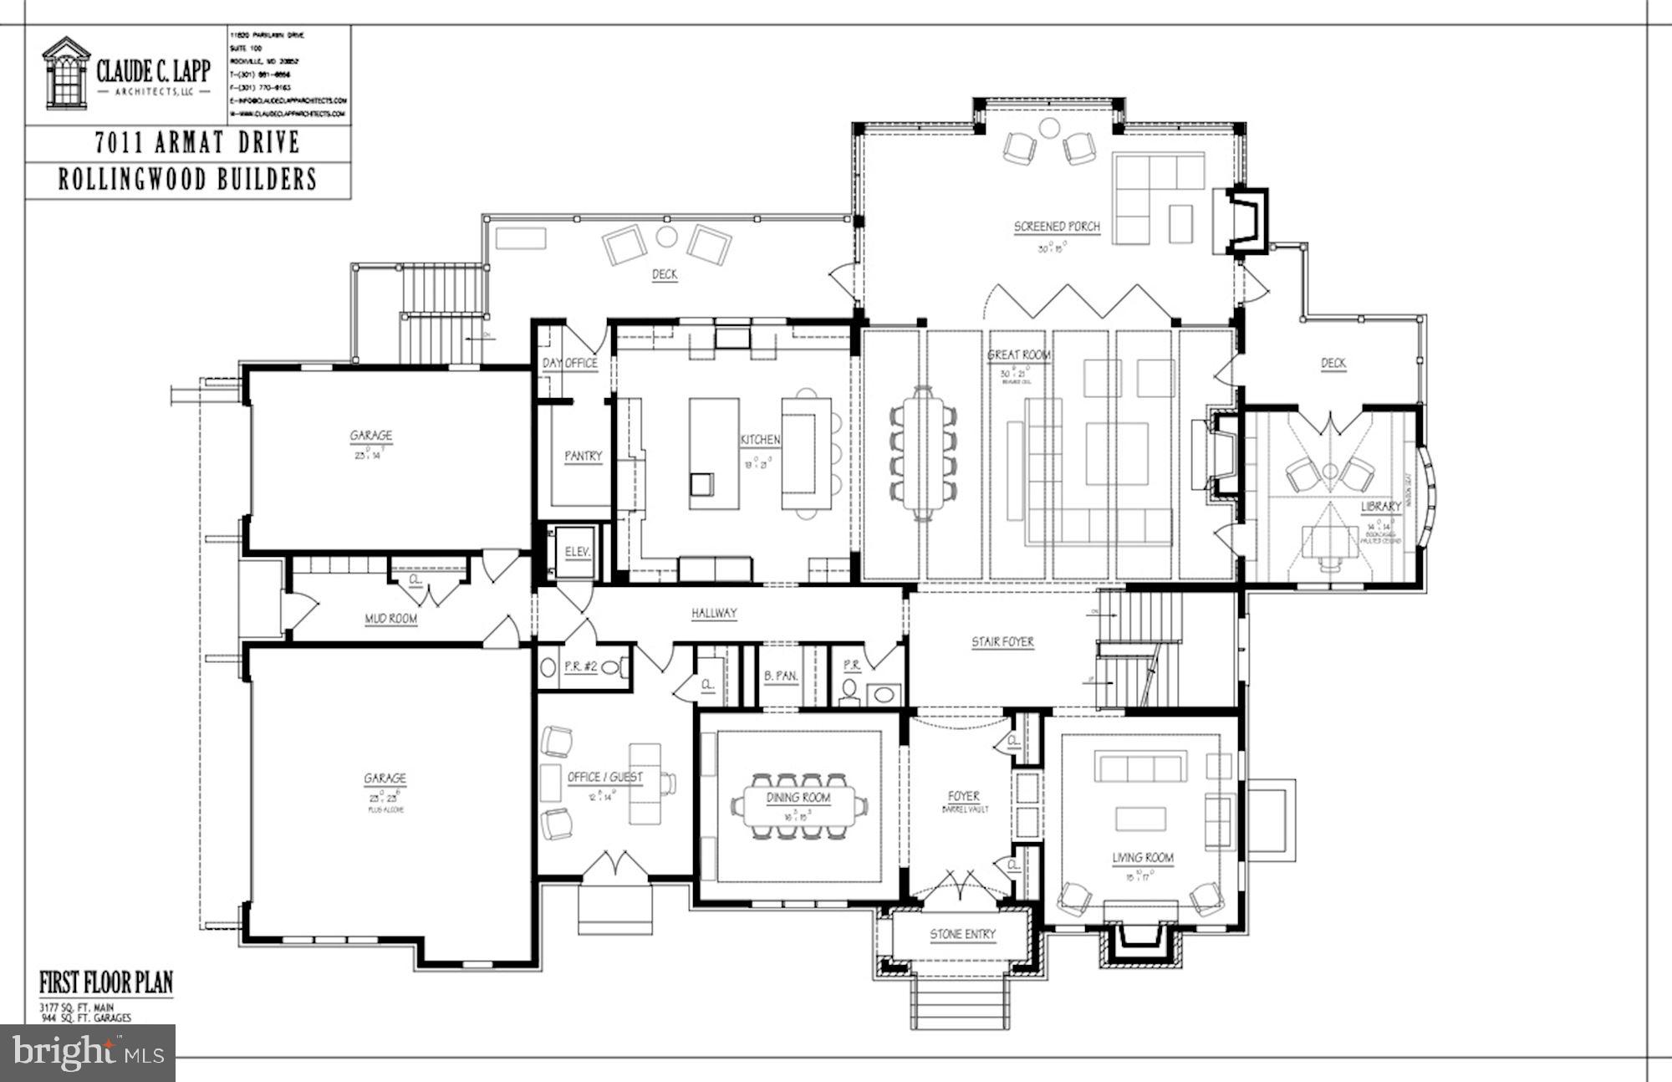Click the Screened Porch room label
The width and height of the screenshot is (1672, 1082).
(1057, 227)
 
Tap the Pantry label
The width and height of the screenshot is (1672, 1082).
(583, 456)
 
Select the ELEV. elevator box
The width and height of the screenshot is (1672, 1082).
(577, 552)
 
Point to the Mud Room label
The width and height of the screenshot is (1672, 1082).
(391, 619)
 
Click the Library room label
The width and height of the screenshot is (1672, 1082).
(1380, 507)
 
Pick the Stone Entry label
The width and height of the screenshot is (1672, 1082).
(962, 934)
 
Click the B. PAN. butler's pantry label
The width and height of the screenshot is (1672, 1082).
(781, 676)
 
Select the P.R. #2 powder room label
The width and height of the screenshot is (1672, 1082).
(580, 666)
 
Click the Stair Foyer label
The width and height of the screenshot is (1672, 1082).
(1002, 642)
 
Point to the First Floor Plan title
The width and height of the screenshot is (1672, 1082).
(106, 982)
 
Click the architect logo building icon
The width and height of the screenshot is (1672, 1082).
(66, 73)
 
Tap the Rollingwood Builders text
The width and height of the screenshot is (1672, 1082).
(188, 180)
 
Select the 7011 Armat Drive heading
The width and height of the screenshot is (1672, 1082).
(196, 143)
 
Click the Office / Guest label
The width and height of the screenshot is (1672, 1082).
(605, 778)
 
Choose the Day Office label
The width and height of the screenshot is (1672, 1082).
(569, 363)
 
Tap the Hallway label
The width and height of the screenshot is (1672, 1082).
(714, 613)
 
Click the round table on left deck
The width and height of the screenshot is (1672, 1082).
(666, 237)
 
